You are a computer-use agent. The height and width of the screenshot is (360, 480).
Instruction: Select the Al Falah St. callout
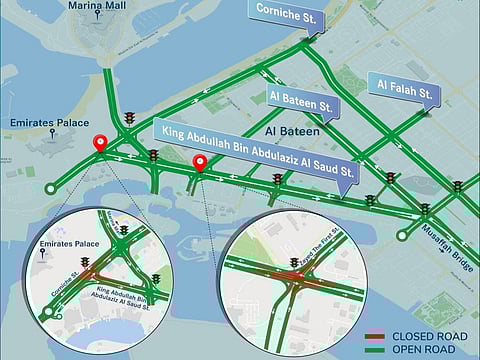click(404, 91)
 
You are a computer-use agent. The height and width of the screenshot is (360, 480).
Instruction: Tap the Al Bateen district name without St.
click(290, 131)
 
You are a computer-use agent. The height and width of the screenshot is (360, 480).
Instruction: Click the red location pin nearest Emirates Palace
click(100, 145)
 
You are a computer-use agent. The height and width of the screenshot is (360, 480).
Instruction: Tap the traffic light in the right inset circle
click(293, 263)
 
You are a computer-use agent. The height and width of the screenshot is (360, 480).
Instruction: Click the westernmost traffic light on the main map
click(129, 119)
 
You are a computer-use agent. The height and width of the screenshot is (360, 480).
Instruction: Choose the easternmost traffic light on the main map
click(458, 187)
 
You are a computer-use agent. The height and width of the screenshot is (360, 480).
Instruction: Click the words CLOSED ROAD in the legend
click(425, 335)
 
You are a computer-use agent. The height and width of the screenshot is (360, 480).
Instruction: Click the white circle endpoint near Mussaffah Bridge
click(402, 236)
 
